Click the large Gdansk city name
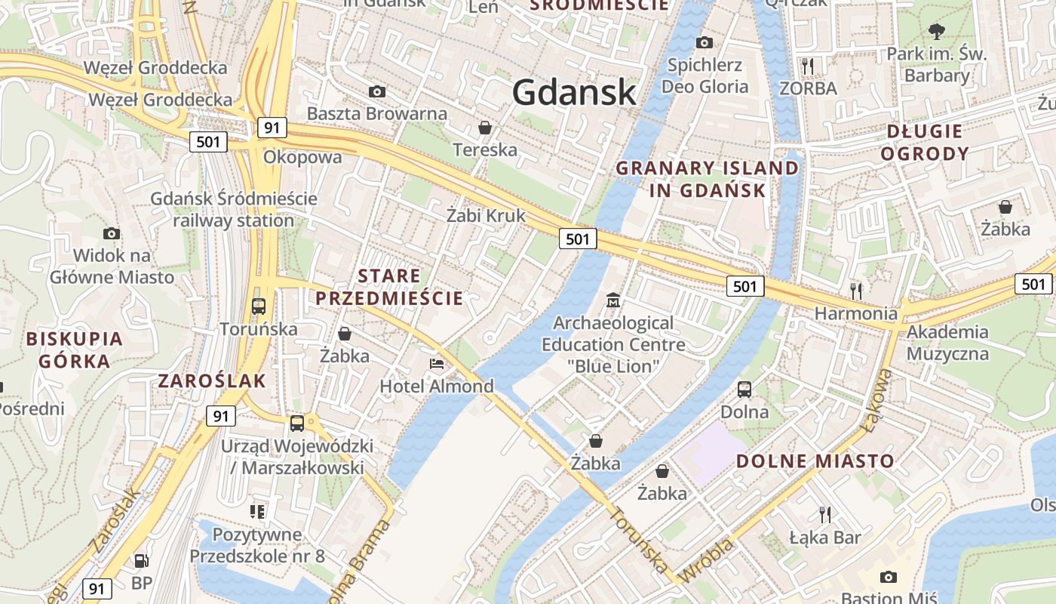(x=574, y=92)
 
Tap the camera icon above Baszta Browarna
(x=377, y=92)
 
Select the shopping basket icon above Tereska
(x=485, y=128)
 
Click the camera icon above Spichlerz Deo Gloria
(x=705, y=42)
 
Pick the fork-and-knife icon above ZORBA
(x=808, y=66)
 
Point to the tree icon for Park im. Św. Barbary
(x=937, y=32)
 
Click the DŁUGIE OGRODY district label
(x=925, y=142)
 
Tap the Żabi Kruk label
(x=486, y=215)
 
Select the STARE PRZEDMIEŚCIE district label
(x=389, y=287)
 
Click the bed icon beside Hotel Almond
(x=437, y=364)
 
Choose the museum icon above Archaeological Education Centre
(x=613, y=300)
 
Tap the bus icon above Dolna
(x=744, y=390)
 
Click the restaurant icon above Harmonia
(x=855, y=290)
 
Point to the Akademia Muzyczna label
(x=947, y=342)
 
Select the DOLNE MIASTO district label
(x=815, y=461)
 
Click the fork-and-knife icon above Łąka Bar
(x=825, y=515)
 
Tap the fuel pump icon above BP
(x=141, y=561)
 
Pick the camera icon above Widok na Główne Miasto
(x=112, y=233)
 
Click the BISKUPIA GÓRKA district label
(x=74, y=350)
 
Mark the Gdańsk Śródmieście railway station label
(x=234, y=210)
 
